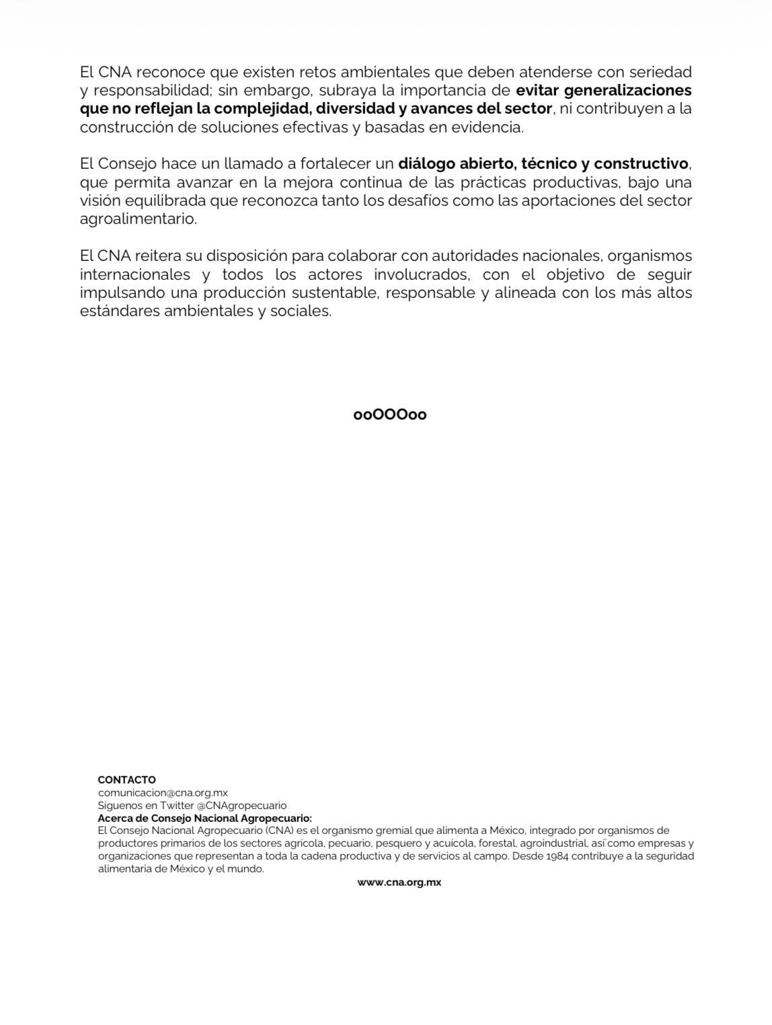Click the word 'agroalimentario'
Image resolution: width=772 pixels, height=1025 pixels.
point(138,219)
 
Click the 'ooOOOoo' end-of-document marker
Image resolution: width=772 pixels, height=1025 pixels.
point(390,415)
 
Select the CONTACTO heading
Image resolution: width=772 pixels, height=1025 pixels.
point(126,780)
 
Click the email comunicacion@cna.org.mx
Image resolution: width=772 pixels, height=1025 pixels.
point(163,792)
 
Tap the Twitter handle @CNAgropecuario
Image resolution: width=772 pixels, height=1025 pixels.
point(241,805)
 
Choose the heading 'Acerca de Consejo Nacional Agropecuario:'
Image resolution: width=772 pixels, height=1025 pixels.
point(205,818)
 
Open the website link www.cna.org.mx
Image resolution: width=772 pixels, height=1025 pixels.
point(399,882)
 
